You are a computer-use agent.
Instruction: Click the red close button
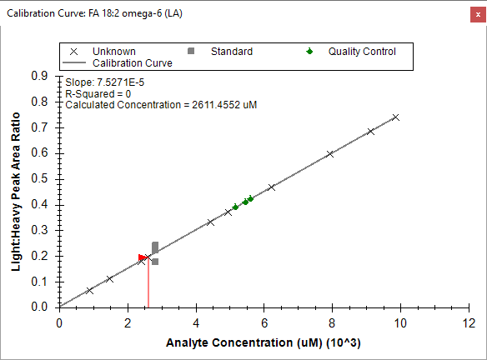pos(478,15)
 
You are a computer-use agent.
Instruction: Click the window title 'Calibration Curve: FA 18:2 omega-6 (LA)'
pos(94,13)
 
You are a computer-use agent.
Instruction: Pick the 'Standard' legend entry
pos(220,51)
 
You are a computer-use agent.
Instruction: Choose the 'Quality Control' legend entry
pos(351,51)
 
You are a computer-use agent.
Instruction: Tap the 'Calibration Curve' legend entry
pos(118,63)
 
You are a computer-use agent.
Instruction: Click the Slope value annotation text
pos(105,82)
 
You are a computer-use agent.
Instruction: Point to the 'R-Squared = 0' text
pos(98,93)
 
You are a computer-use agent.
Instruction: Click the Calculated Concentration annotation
pos(161,105)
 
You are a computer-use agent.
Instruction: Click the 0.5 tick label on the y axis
pos(39,179)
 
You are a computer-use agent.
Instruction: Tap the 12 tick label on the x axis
pos(469,323)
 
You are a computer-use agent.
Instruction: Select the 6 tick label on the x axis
pos(264,323)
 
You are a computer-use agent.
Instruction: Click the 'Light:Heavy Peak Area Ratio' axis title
pos(16,192)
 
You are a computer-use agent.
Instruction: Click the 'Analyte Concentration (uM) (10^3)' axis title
pos(264,343)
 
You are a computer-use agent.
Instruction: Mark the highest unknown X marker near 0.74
pos(395,117)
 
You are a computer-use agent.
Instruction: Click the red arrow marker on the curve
pos(143,257)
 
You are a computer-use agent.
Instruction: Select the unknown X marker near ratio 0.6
pos(330,154)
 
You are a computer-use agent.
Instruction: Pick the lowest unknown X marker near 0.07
pos(89,291)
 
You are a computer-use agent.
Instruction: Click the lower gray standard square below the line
pos(155,262)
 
